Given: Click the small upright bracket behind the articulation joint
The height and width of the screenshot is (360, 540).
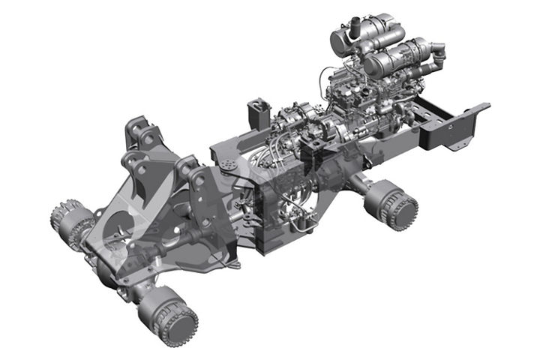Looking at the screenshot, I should [257, 113].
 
